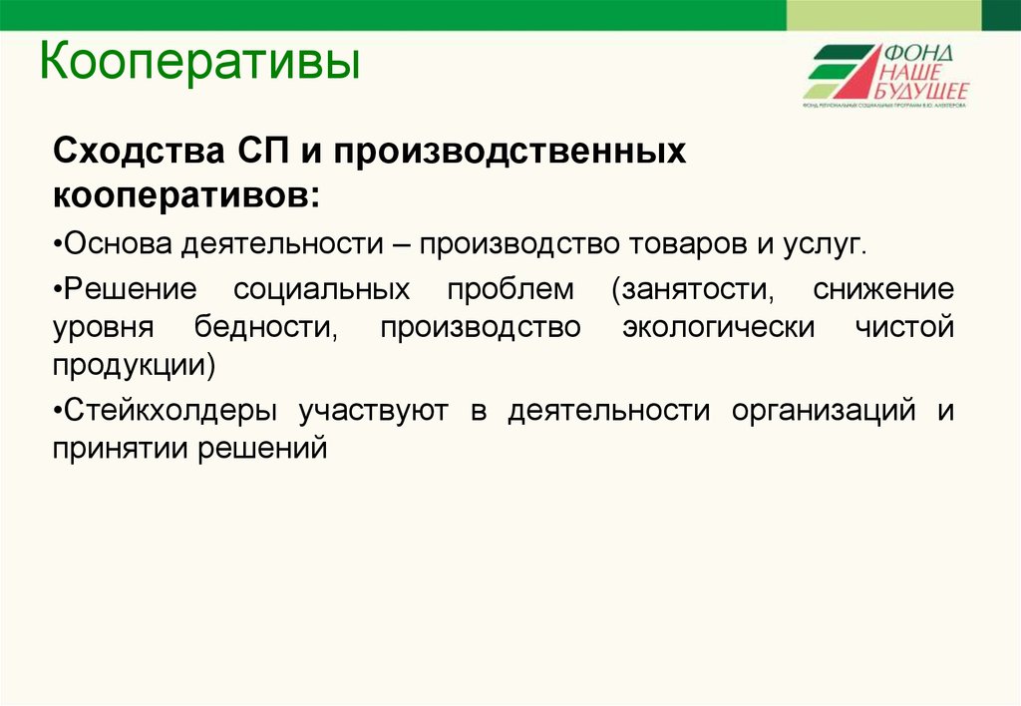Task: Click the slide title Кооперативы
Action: [198, 62]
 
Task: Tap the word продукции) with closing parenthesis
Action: [134, 365]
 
